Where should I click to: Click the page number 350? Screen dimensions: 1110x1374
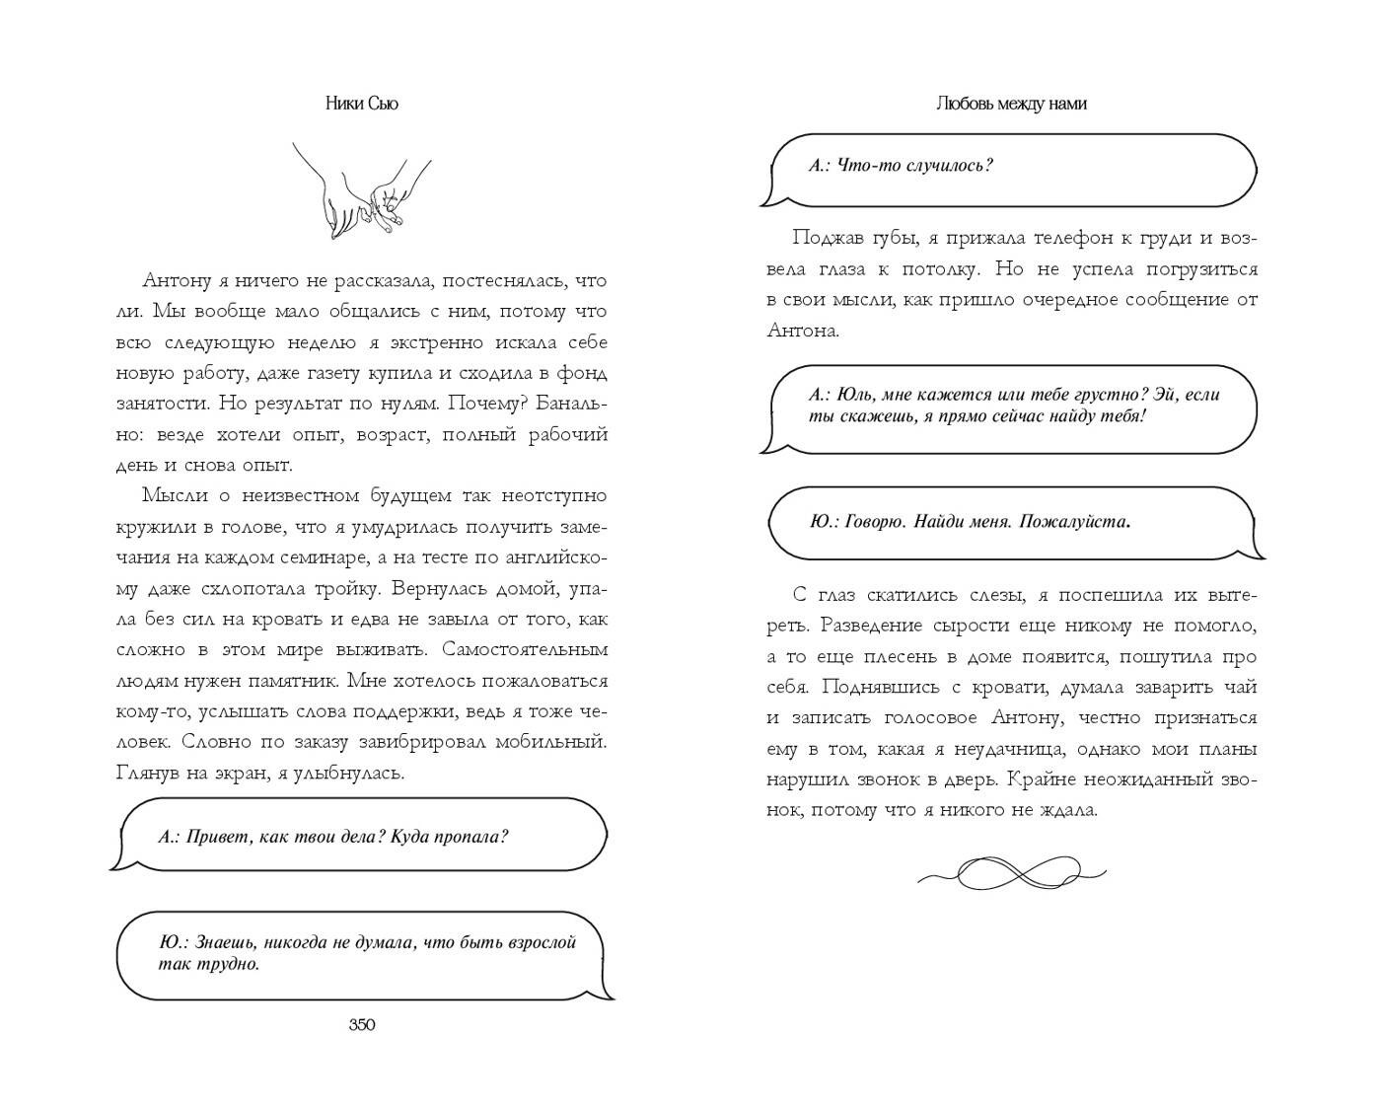click(x=362, y=1025)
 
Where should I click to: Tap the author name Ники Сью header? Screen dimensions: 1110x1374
click(x=361, y=104)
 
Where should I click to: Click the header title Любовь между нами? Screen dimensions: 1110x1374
click(x=1011, y=104)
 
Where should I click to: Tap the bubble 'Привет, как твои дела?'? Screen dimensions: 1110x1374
click(x=361, y=837)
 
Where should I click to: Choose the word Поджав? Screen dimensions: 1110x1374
click(x=821, y=238)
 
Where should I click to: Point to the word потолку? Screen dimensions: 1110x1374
click(x=936, y=269)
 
